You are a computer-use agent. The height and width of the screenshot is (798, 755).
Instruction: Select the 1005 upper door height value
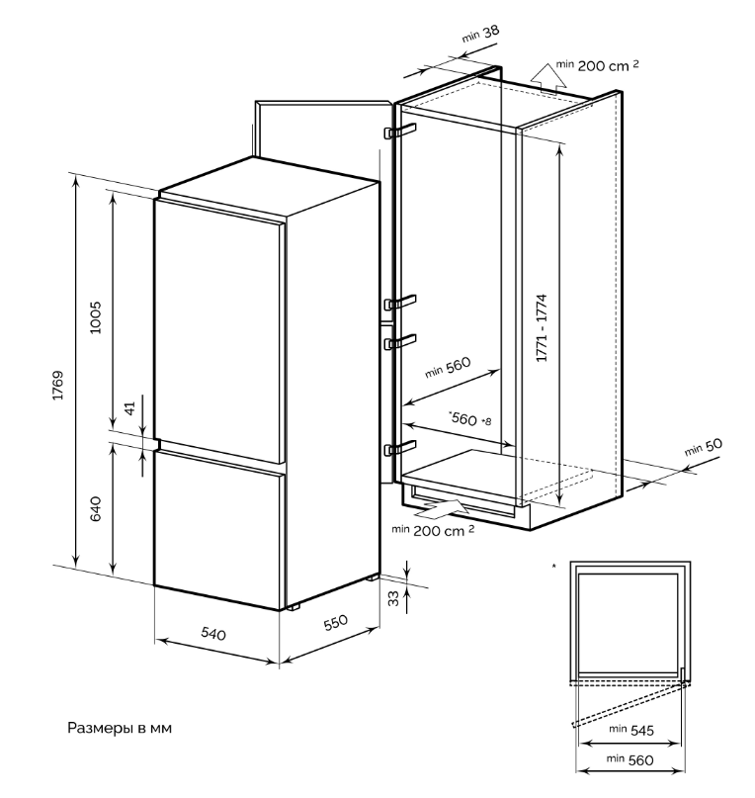click(96, 315)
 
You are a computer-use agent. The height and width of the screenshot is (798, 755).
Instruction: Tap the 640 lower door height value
click(96, 509)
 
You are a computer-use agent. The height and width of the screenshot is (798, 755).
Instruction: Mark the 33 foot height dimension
click(393, 597)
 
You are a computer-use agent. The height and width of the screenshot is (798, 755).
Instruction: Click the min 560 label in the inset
click(632, 759)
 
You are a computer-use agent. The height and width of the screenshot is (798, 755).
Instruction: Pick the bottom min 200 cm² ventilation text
click(433, 530)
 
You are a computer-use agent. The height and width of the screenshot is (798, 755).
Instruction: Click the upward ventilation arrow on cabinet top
click(541, 74)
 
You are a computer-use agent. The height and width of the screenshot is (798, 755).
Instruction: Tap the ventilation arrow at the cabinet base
click(440, 509)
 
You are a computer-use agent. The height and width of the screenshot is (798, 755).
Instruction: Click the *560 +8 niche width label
click(469, 419)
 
